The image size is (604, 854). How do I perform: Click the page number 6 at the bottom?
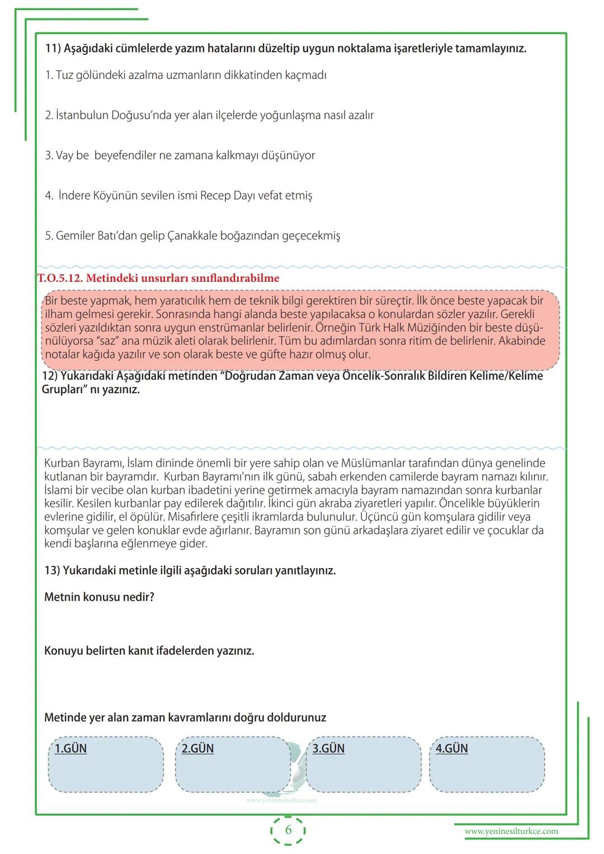pos(289,830)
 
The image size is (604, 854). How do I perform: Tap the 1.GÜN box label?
pos(71,748)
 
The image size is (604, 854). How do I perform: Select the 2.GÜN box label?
pos(198,748)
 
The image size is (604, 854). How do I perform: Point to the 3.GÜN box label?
pos(328,748)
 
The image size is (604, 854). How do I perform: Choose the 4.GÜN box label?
pos(452,748)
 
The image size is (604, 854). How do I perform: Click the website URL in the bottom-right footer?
pos(511,831)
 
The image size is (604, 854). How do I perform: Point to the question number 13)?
pos(52,570)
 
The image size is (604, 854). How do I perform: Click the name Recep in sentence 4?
pos(215,196)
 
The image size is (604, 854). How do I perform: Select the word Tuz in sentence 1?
pos(64,75)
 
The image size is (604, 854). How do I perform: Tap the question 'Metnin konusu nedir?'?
pos(99,597)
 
